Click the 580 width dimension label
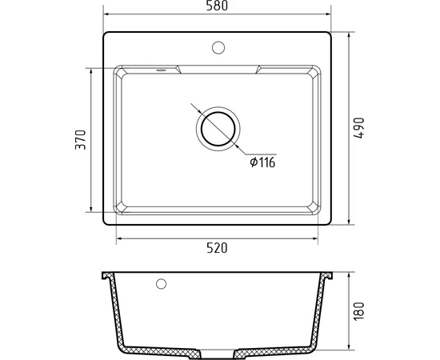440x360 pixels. tap(217, 6)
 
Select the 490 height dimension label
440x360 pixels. tap(359, 128)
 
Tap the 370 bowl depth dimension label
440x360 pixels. tap(81, 139)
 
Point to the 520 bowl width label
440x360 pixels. tap(217, 248)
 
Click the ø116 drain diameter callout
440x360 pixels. tap(262, 162)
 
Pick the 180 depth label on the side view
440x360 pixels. tap(359, 311)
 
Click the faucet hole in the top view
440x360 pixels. tap(218, 47)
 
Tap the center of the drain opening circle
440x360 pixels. tap(218, 129)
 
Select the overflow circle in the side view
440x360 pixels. tap(161, 284)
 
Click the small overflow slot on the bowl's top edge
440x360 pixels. tap(161, 70)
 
